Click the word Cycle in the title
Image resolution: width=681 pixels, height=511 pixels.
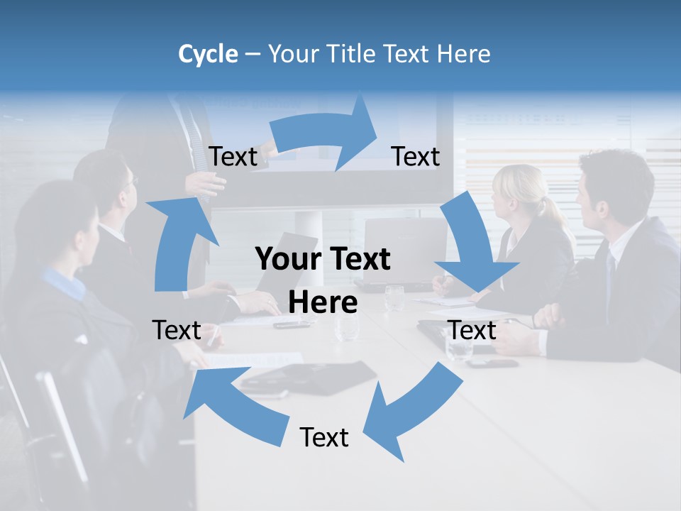(x=208, y=54)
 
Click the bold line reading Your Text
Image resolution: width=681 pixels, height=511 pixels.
(x=323, y=260)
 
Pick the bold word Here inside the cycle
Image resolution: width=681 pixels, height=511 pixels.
(x=323, y=303)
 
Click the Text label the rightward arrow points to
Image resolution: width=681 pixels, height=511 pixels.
(x=416, y=156)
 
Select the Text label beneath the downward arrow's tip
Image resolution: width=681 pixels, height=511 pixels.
(x=472, y=330)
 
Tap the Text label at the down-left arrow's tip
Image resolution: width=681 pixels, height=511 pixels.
(x=324, y=437)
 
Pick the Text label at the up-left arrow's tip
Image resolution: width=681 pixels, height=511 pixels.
(x=177, y=330)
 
